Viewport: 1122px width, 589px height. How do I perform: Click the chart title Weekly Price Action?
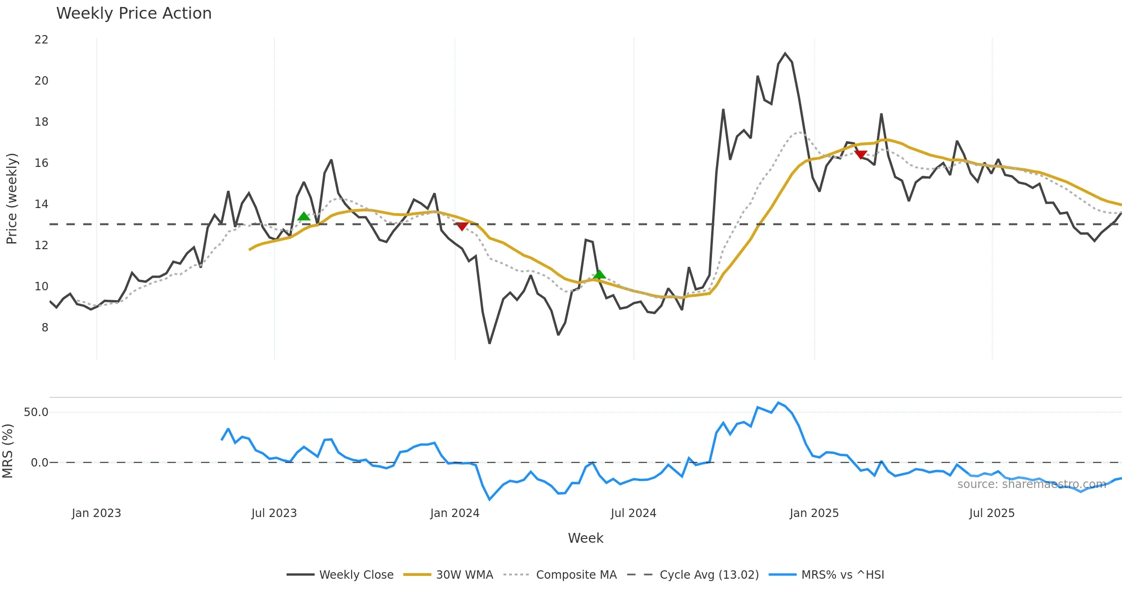134,14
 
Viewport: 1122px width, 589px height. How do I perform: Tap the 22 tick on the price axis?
41,40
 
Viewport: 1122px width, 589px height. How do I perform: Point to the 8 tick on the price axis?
44,328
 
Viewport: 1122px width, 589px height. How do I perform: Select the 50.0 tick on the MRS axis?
36,412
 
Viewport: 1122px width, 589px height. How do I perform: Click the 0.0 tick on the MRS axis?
39,463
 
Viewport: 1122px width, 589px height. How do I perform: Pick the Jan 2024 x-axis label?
454,513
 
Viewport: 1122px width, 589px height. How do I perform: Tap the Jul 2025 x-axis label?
992,513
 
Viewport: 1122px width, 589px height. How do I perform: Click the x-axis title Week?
585,539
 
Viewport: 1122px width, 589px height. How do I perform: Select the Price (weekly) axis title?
12,199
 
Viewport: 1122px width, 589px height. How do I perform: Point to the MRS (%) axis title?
8,451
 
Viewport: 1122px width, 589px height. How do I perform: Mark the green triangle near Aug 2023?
304,216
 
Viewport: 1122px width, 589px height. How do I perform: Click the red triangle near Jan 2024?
462,226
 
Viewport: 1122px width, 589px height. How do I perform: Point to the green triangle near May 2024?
599,274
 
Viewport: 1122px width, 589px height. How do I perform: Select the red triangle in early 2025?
861,154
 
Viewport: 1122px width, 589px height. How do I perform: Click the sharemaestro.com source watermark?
1031,484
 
